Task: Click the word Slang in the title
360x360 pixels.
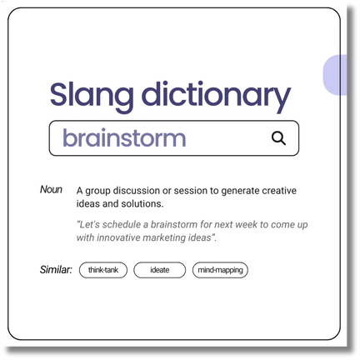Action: click(92, 96)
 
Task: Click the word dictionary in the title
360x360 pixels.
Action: click(217, 96)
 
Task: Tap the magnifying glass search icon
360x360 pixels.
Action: click(278, 138)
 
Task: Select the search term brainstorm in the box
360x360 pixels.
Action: click(124, 137)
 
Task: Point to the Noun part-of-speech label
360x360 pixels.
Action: click(51, 189)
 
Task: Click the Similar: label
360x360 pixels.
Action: click(56, 270)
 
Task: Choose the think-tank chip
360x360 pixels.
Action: click(103, 270)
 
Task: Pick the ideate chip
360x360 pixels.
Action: click(159, 270)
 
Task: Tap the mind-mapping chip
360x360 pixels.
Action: click(220, 270)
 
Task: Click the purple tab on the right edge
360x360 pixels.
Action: click(335, 75)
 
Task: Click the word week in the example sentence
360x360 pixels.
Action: click(246, 224)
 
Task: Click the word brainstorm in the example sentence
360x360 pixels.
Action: click(174, 224)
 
